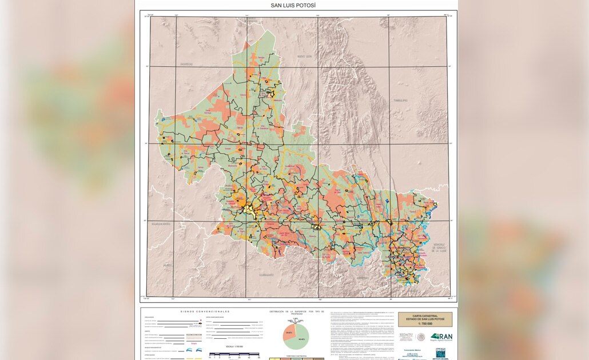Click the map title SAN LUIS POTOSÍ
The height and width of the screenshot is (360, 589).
(293, 5)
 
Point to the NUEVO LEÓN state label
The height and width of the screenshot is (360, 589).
(303, 57)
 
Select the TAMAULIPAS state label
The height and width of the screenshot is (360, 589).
(400, 100)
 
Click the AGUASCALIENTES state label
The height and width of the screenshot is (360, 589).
(161, 225)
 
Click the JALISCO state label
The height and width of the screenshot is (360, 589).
(167, 265)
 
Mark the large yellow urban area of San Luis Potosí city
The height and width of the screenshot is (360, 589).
(249, 210)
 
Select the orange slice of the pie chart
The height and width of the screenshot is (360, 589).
(289, 333)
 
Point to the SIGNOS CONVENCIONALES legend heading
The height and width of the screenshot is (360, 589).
(205, 311)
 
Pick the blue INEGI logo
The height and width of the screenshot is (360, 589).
(440, 353)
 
